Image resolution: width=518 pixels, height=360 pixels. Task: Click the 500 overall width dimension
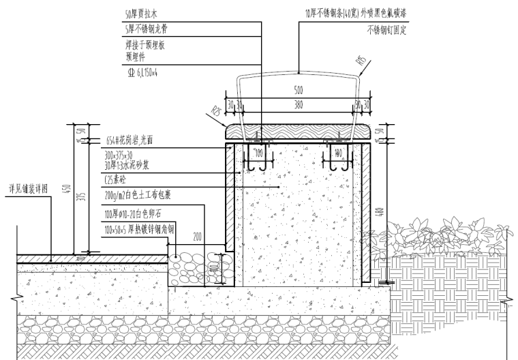pos(299,90)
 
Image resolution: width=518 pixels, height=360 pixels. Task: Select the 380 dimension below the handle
pos(299,104)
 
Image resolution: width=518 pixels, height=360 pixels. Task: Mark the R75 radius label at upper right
pos(361,66)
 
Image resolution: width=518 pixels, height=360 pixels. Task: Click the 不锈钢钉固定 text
pos(386,31)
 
